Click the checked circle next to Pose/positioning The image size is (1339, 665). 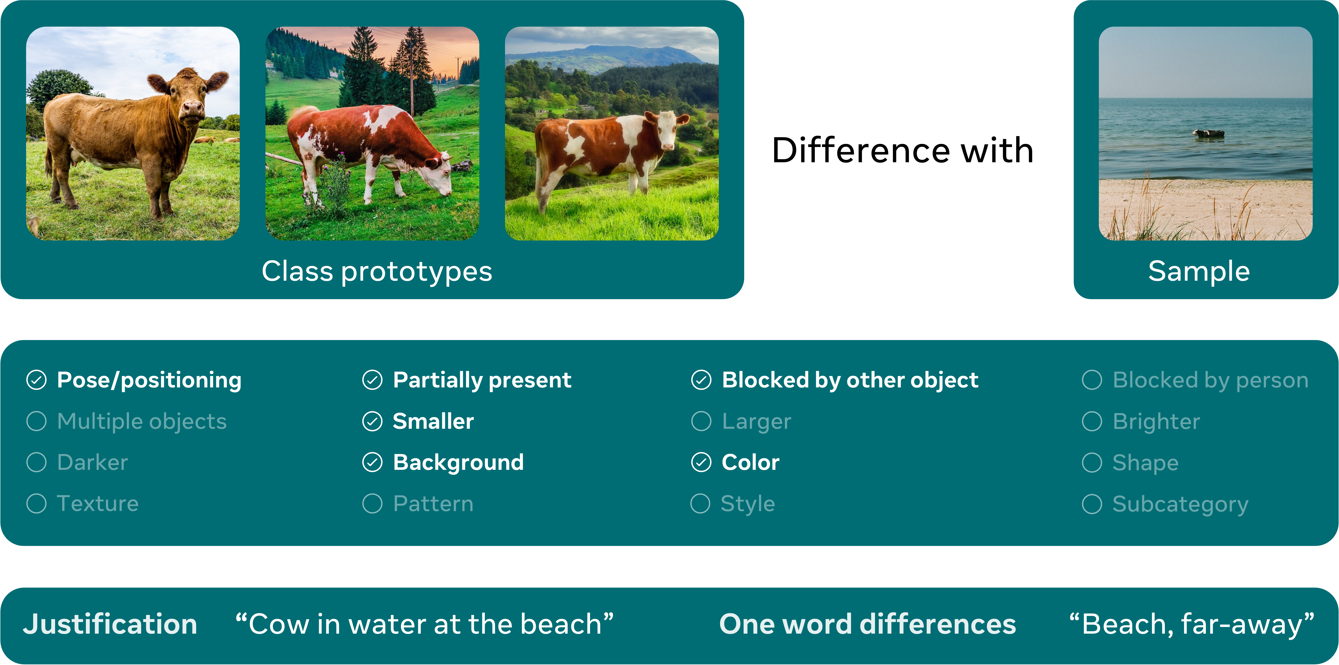tap(36, 380)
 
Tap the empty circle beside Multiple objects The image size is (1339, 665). tap(36, 421)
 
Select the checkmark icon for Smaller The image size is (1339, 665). tap(372, 421)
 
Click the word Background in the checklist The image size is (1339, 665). tap(458, 462)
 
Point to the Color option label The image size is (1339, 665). tap(751, 462)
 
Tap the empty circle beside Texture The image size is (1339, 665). tap(36, 503)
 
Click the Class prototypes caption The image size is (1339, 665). tap(377, 271)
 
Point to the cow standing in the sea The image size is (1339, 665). tap(1208, 134)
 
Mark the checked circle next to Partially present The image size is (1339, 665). tap(372, 380)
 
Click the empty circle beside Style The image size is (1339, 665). tap(700, 503)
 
